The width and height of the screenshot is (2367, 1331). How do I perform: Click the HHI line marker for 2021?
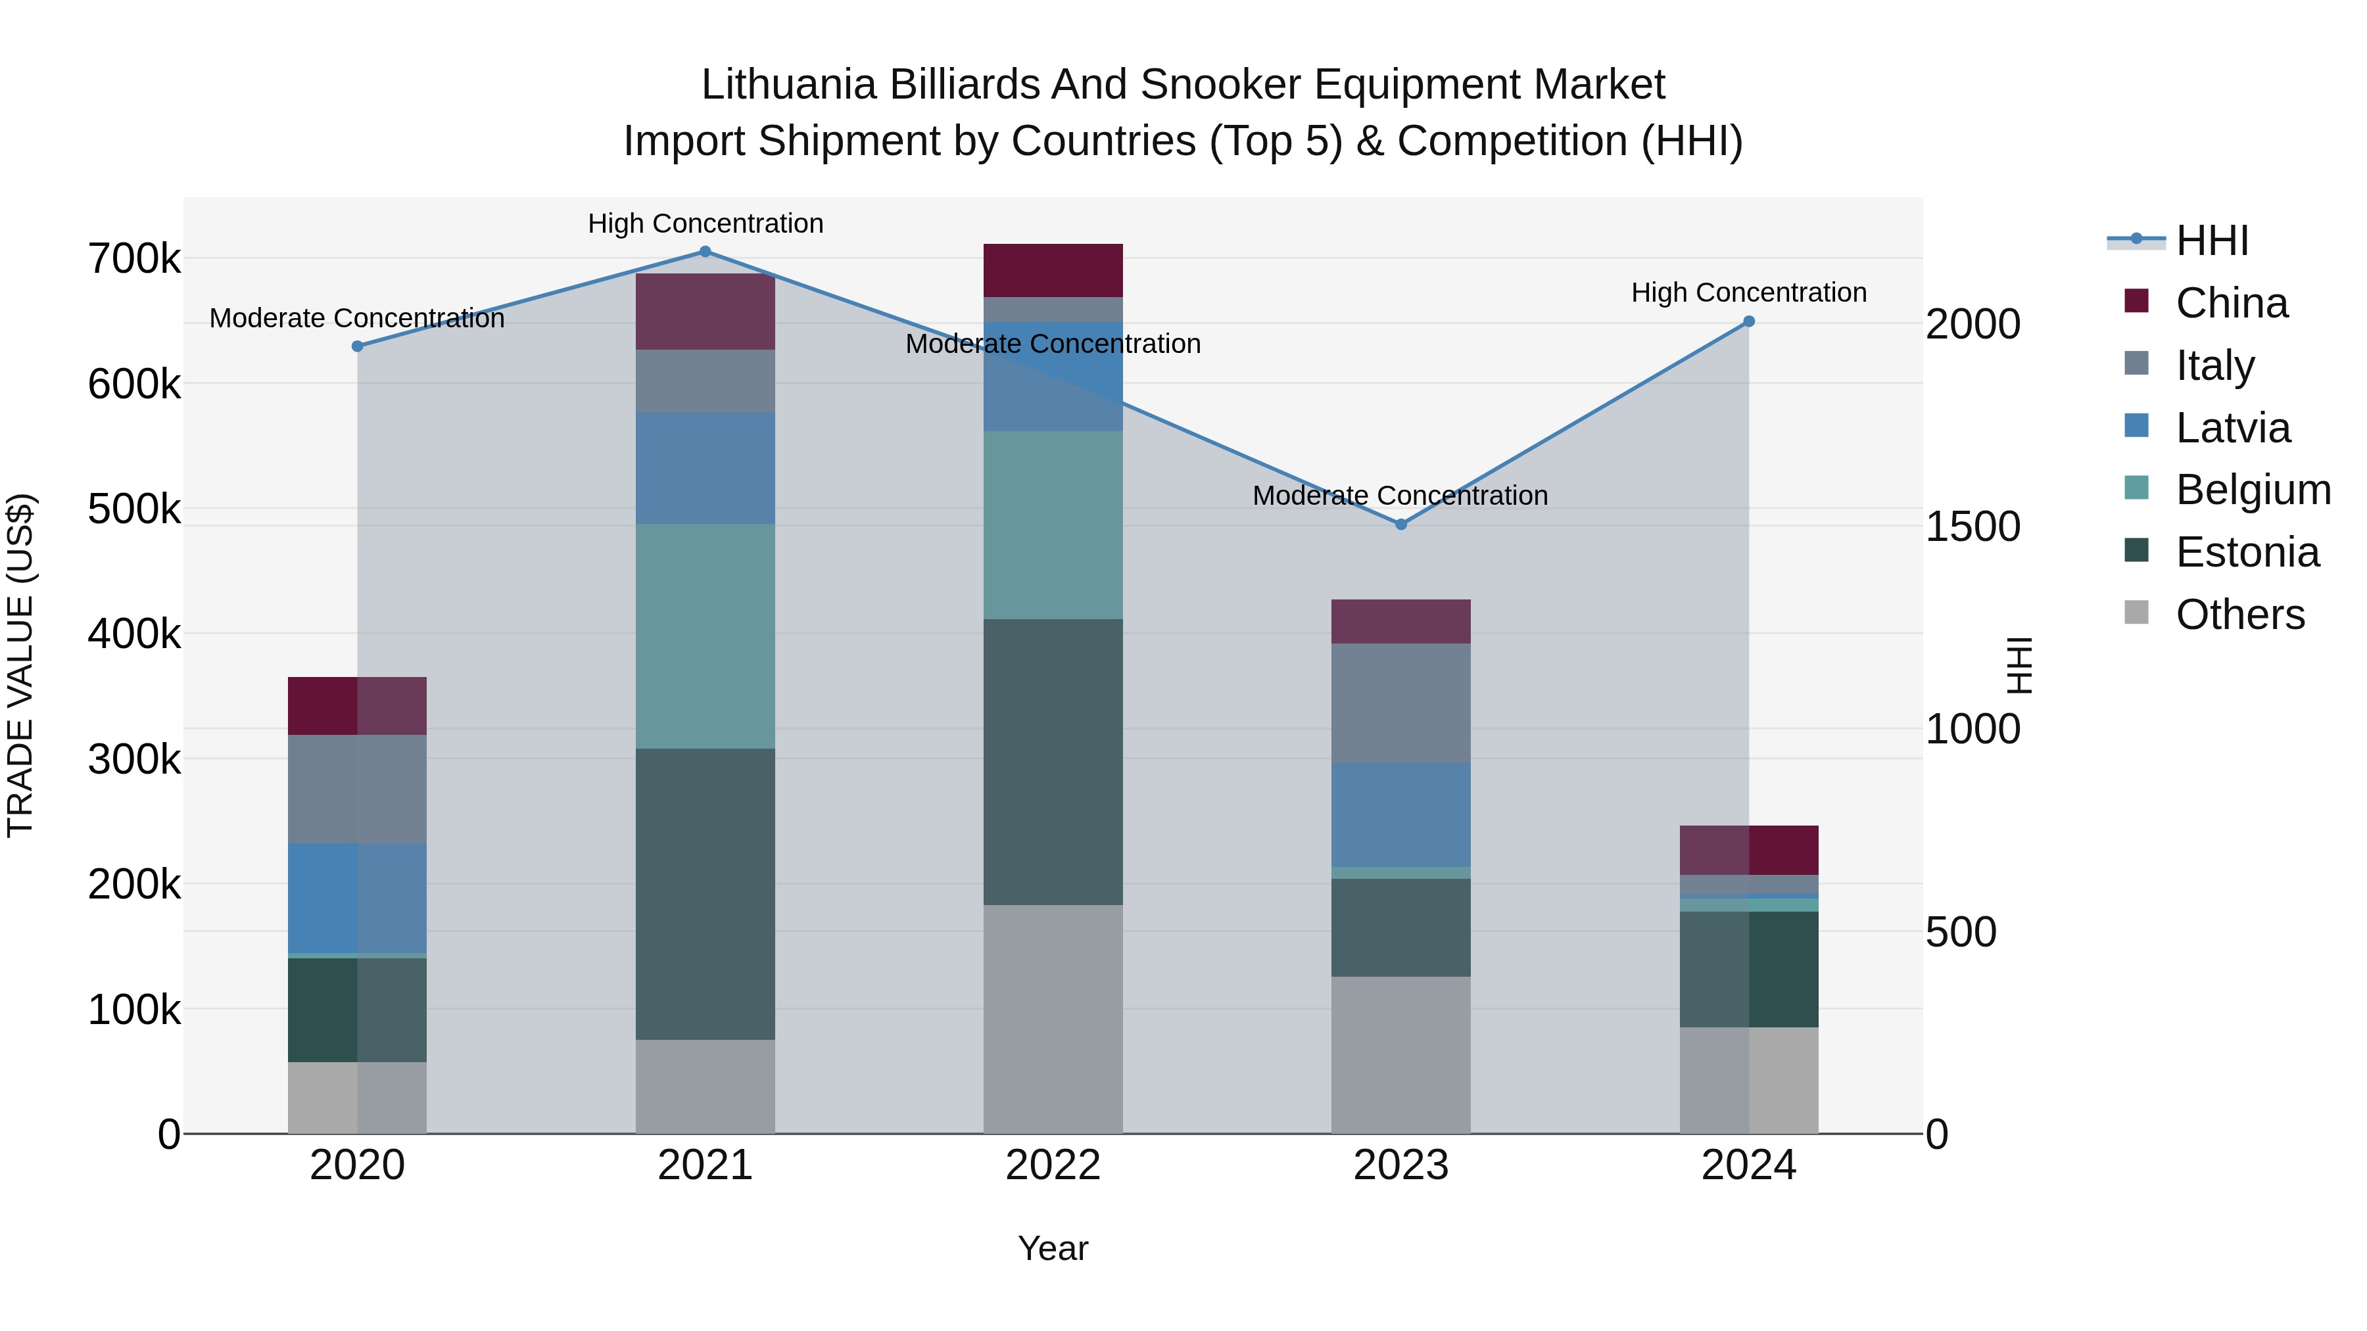705,252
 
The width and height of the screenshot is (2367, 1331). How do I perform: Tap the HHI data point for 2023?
1400,525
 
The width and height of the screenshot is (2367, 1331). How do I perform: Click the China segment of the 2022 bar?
1053,270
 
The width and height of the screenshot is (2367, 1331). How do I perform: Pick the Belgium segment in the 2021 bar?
705,636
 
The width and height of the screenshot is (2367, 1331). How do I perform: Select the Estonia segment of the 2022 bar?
1053,762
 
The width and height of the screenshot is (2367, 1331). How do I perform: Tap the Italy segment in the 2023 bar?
1400,703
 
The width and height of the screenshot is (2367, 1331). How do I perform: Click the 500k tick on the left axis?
134,509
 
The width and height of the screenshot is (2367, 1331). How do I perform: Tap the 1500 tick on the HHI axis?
1972,527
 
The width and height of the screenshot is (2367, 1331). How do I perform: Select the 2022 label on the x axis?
1053,1165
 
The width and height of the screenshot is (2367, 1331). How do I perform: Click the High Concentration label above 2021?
705,223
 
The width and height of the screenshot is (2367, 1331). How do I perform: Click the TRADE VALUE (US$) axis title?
20,665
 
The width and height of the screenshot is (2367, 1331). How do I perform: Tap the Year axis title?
1053,1248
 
